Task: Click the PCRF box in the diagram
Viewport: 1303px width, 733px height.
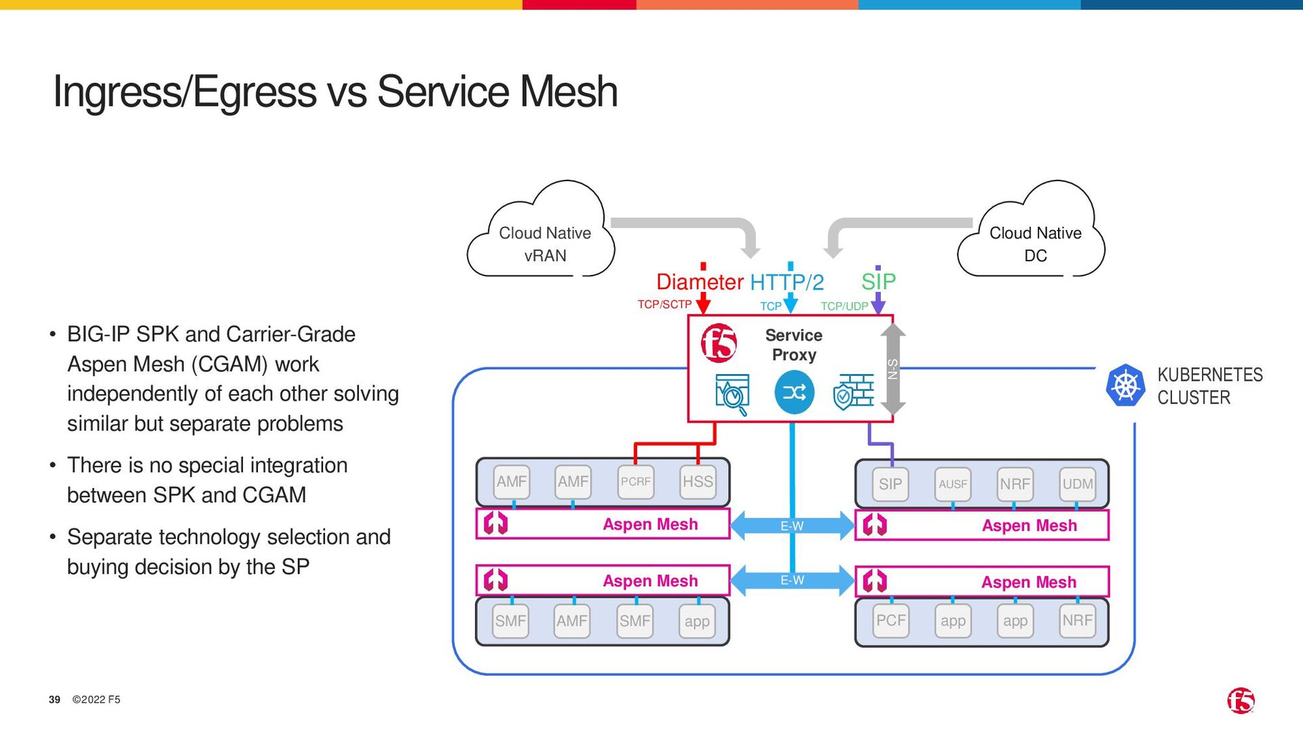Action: [x=636, y=482]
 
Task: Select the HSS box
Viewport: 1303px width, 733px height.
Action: [x=698, y=482]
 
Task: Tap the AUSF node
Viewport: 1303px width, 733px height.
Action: [x=953, y=485]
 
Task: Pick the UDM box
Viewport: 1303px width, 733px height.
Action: [x=1078, y=485]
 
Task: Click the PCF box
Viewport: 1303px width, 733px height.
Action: [x=891, y=620]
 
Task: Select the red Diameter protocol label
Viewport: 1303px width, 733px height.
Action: [x=700, y=282]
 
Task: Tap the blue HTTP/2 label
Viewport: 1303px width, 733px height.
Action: [x=787, y=282]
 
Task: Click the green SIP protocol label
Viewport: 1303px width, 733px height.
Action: [x=879, y=281]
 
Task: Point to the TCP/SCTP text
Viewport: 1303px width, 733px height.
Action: [x=664, y=305]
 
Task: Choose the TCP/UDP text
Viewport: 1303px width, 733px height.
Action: [x=844, y=307]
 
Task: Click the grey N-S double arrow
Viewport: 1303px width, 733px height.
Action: [x=893, y=369]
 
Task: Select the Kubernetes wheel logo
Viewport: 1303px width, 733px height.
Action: [x=1125, y=386]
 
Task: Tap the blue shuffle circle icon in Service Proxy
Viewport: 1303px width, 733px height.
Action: [x=794, y=392]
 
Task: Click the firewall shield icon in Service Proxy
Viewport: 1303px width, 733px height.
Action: [x=853, y=392]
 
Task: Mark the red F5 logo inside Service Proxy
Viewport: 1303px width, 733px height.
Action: [x=719, y=343]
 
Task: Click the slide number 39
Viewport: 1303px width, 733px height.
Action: [x=54, y=700]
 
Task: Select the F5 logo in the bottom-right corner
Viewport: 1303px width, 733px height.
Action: [x=1241, y=700]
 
